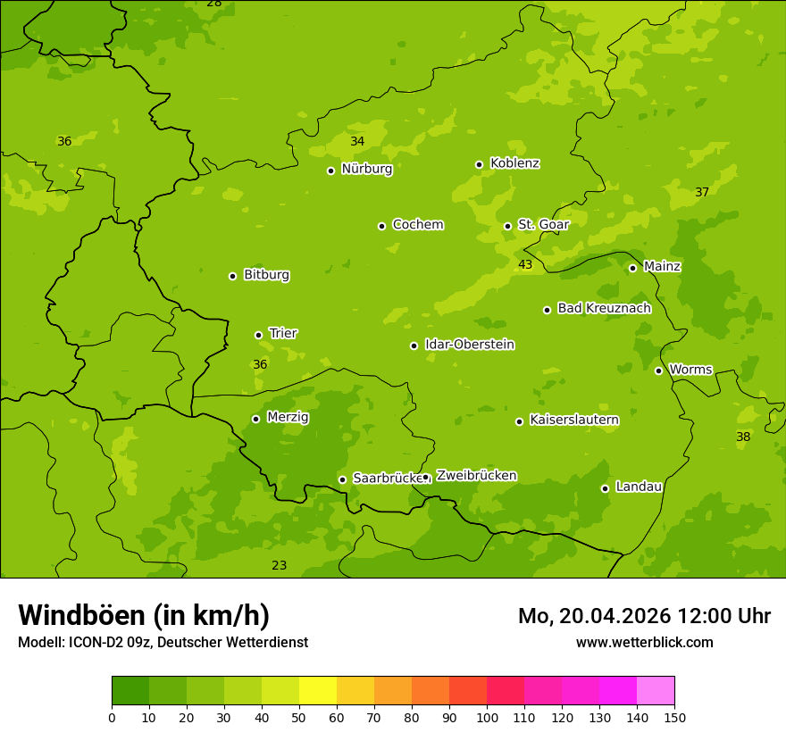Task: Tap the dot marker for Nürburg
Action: pyautogui.click(x=330, y=171)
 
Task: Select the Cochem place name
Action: pyautogui.click(x=417, y=225)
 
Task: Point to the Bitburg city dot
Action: pyautogui.click(x=232, y=276)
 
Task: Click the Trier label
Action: pyautogui.click(x=282, y=334)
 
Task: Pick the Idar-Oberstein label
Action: pyautogui.click(x=469, y=345)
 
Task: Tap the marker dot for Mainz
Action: pyautogui.click(x=632, y=268)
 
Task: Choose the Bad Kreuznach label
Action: pyautogui.click(x=604, y=309)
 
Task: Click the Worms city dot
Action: pyautogui.click(x=658, y=370)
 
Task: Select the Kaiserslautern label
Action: pyautogui.click(x=573, y=420)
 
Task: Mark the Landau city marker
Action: pyautogui.click(x=605, y=488)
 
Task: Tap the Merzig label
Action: pyautogui.click(x=288, y=417)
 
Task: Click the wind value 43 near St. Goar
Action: pyautogui.click(x=525, y=265)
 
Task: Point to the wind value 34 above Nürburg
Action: pyautogui.click(x=357, y=142)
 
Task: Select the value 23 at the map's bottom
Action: pyautogui.click(x=280, y=566)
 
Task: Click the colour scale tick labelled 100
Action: pyautogui.click(x=487, y=717)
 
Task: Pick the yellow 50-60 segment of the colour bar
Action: pyautogui.click(x=318, y=691)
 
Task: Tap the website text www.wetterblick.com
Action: pyautogui.click(x=644, y=643)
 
